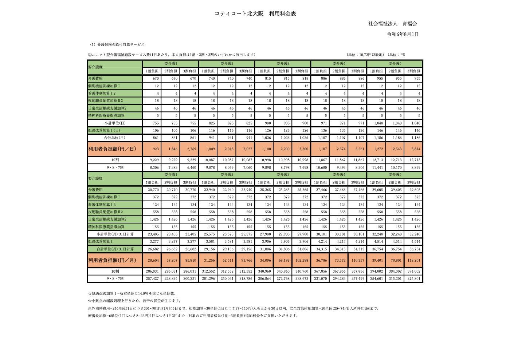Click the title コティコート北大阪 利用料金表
(255, 14)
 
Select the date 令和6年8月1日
(403, 34)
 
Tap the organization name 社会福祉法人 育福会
(392, 24)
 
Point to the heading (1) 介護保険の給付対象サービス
(117, 44)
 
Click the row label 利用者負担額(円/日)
(112, 149)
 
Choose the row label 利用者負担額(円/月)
(112, 260)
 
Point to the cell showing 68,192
(282, 260)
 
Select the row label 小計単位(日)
(115, 123)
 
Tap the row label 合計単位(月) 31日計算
(115, 249)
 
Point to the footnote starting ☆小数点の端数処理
(134, 301)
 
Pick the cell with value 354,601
(376, 279)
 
